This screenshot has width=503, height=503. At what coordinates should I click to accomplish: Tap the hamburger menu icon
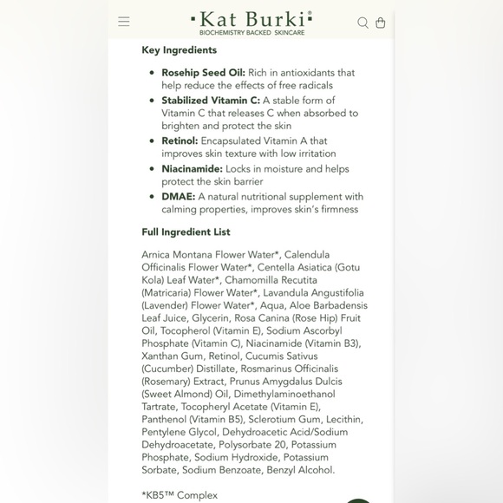coord(124,22)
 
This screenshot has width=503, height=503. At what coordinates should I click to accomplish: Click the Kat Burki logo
coord(251,18)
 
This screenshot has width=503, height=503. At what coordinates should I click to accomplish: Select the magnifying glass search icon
coord(363,23)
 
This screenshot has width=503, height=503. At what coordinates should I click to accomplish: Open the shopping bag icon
coord(380,23)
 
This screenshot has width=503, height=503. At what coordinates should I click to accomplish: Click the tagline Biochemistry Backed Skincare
coord(251,32)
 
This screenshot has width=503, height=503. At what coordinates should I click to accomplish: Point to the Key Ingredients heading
coord(180,50)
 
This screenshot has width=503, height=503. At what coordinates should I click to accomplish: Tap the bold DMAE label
coord(178,197)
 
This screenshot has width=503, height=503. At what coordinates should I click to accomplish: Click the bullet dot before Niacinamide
coord(153,169)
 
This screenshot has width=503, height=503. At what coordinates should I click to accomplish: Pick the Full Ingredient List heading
coord(186,232)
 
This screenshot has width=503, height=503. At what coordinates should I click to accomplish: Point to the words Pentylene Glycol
coord(178,432)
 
